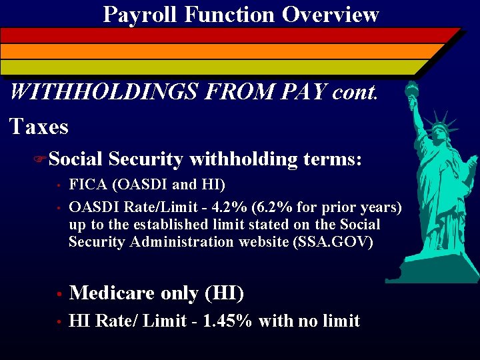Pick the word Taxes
coord(39,126)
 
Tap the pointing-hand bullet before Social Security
coord(39,159)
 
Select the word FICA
coord(87,185)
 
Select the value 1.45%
coord(226,321)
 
